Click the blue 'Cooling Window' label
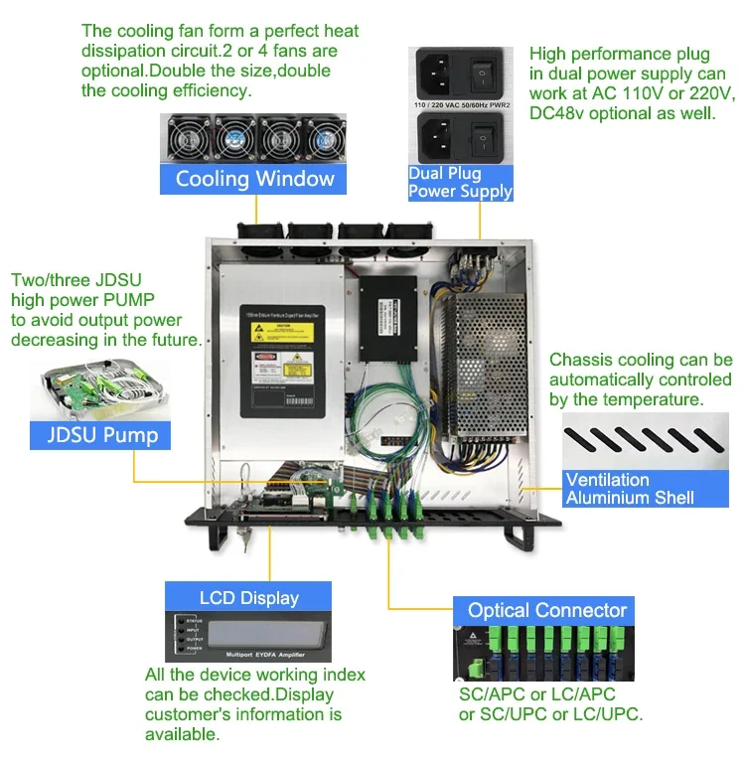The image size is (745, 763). pyautogui.click(x=254, y=179)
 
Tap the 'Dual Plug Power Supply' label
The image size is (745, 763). pyautogui.click(x=460, y=183)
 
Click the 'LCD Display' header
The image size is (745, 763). pyautogui.click(x=248, y=597)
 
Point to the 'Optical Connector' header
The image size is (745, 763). pyautogui.click(x=546, y=610)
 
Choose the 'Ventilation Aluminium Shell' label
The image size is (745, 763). pyautogui.click(x=630, y=488)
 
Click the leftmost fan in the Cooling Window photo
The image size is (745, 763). pyautogui.click(x=187, y=138)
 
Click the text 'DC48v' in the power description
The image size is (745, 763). pyautogui.click(x=554, y=113)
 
